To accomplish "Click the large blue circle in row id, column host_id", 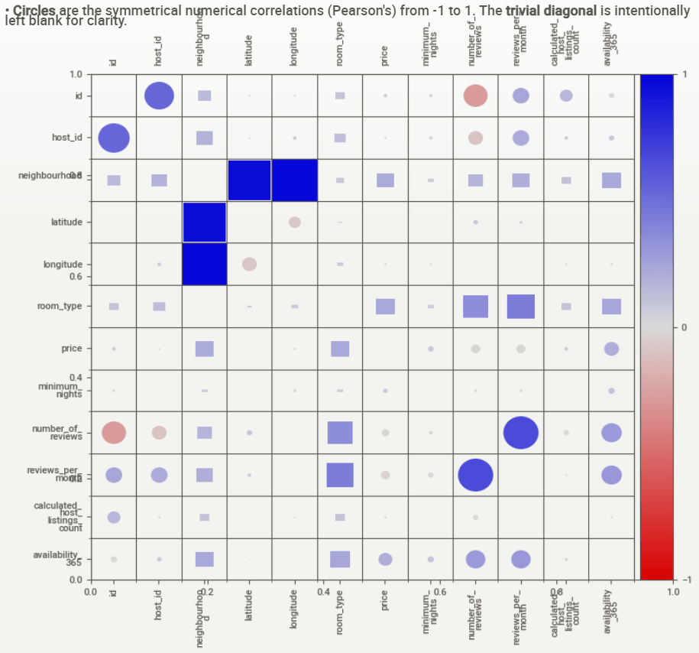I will [x=159, y=96].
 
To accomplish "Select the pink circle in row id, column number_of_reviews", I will [x=475, y=96].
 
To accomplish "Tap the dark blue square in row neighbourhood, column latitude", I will [x=250, y=180].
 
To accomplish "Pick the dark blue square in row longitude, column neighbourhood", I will [x=205, y=264].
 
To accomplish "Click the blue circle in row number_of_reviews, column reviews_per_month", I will [x=520, y=433].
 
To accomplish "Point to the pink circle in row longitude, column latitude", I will [x=249, y=264].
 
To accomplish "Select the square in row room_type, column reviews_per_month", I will [x=520, y=306].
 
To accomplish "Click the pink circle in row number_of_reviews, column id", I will [x=114, y=433].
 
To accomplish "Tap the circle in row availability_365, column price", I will [x=385, y=559].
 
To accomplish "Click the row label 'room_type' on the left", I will [x=60, y=306].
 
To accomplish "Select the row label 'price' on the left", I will [x=72, y=348].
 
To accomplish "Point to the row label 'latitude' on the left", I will [x=66, y=222].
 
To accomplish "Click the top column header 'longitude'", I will [x=294, y=50].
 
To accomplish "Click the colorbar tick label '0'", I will [x=684, y=327].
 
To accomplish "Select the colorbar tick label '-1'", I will [x=685, y=580].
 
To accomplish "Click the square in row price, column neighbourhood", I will [x=204, y=349].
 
